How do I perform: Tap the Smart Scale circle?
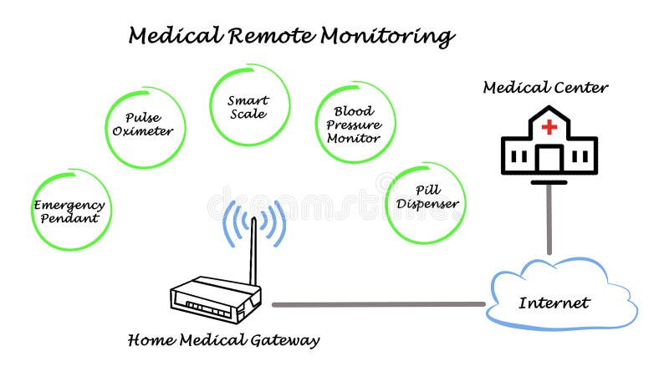pyautogui.click(x=248, y=106)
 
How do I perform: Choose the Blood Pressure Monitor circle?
pyautogui.click(x=354, y=123)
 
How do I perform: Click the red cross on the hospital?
pyautogui.click(x=549, y=127)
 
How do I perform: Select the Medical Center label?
pyautogui.click(x=545, y=87)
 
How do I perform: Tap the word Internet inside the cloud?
pyautogui.click(x=554, y=303)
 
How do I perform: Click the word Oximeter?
pyautogui.click(x=143, y=131)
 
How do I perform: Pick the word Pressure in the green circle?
pyautogui.click(x=353, y=124)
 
